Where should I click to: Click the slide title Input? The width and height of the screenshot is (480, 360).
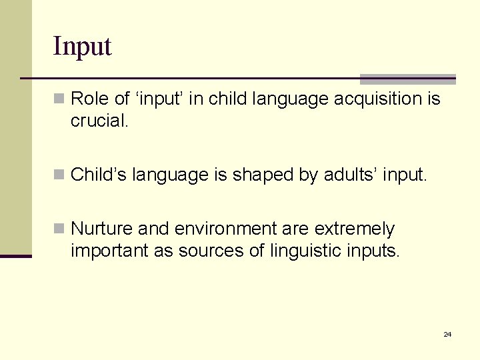coord(82,47)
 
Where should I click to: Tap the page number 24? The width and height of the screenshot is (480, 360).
coord(447,334)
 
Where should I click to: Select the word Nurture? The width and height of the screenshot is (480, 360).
coord(101,229)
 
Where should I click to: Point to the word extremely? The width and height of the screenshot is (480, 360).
coord(354,229)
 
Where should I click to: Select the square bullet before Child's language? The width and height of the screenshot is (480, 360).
coord(59,175)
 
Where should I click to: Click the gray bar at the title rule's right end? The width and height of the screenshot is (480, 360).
coord(407,79)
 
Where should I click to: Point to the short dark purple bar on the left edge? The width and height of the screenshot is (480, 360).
coord(16,256)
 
